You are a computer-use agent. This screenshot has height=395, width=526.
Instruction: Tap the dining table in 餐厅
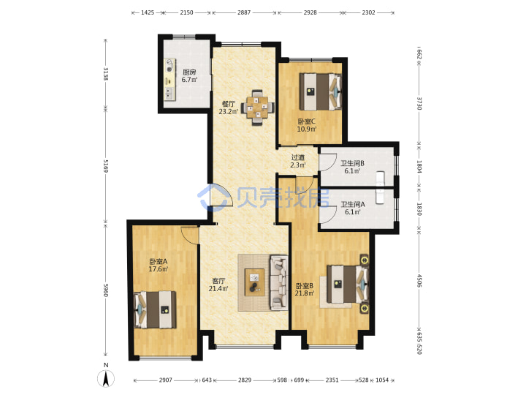point(257,107)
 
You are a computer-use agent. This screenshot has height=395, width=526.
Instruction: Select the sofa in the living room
point(279,282)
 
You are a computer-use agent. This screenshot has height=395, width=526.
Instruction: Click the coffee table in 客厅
point(255,282)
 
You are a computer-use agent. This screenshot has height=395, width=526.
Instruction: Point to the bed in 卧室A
point(155,309)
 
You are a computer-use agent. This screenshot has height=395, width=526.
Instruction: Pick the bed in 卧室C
point(321,91)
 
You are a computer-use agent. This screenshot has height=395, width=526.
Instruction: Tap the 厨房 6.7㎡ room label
point(189,76)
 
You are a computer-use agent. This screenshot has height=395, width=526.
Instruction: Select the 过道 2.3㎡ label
point(298,161)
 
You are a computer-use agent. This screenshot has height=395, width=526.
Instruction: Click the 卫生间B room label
point(352,163)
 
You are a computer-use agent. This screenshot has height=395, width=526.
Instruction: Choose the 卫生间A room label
point(353,204)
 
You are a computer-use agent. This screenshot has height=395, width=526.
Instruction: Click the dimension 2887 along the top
point(244,12)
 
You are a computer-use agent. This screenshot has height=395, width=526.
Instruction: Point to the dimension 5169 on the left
point(105,165)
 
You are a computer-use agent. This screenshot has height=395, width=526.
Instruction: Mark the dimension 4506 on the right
point(419,280)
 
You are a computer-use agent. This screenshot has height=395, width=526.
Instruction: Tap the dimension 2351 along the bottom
point(332,380)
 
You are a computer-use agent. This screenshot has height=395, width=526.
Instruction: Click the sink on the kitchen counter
point(169,94)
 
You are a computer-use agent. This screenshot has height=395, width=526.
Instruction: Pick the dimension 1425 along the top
point(148,12)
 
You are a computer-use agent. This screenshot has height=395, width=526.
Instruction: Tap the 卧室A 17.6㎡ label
point(159,265)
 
